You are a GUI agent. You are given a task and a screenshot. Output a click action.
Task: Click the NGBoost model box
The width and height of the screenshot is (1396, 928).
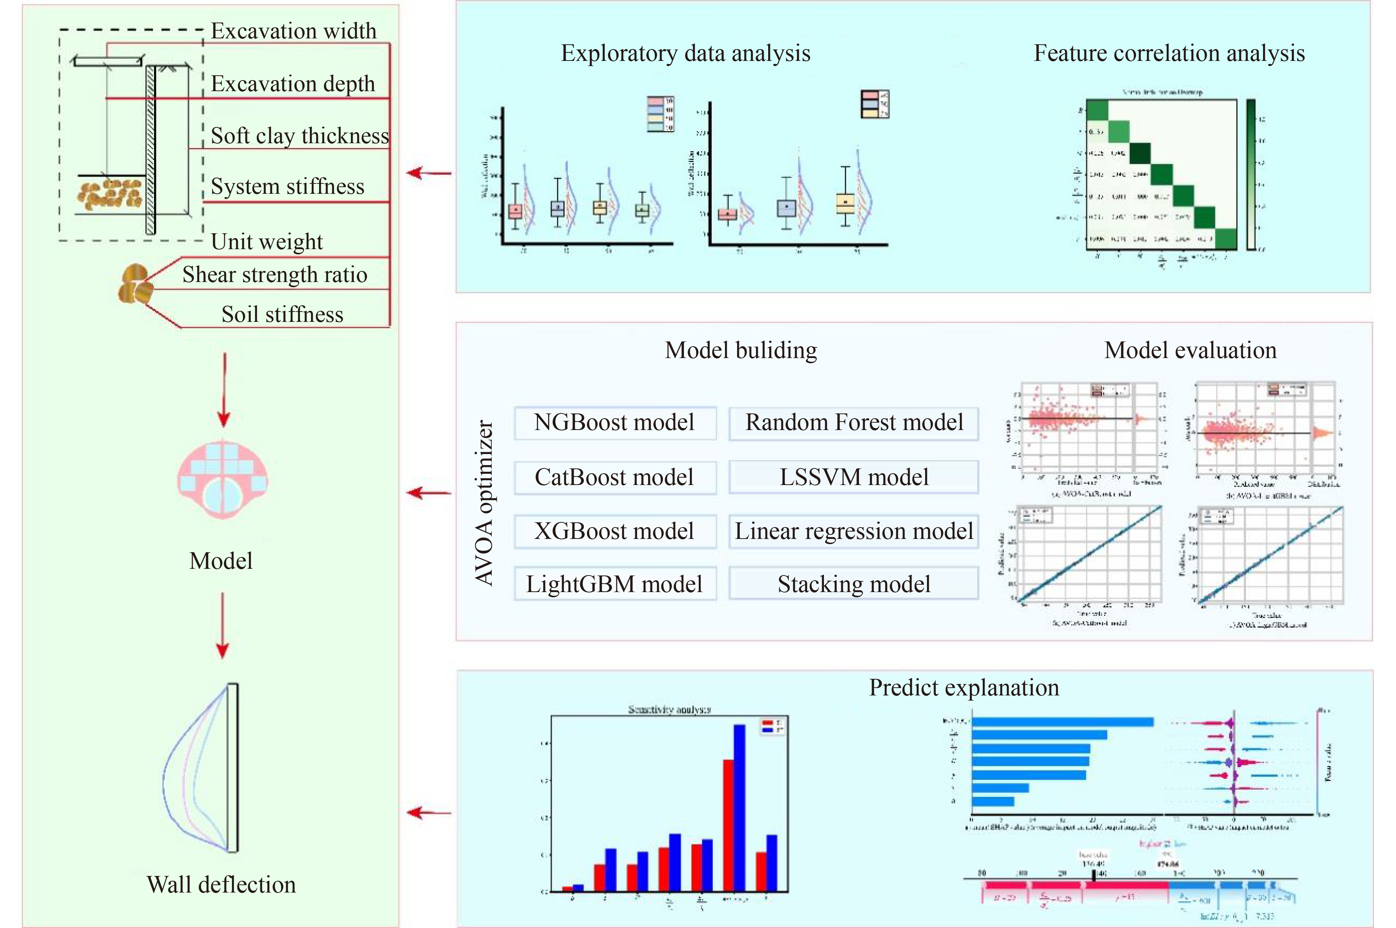click(615, 423)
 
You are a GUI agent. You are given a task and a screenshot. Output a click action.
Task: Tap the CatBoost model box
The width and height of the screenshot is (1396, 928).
click(615, 477)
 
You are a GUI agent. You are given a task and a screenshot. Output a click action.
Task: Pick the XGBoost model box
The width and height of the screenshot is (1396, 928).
click(615, 531)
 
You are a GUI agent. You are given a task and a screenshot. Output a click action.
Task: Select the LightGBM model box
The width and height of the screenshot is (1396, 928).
click(615, 584)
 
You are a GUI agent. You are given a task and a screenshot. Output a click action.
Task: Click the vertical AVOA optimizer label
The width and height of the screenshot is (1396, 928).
click(484, 503)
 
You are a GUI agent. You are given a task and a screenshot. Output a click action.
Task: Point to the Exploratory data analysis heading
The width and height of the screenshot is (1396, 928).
click(685, 53)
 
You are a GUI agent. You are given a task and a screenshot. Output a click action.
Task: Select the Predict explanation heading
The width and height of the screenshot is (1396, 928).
click(964, 688)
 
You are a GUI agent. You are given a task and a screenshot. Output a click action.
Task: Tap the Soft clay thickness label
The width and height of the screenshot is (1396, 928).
click(300, 136)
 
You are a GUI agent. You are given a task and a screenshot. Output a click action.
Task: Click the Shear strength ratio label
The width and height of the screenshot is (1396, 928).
click(275, 275)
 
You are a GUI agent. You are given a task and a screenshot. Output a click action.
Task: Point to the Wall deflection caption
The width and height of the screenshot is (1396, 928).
click(222, 885)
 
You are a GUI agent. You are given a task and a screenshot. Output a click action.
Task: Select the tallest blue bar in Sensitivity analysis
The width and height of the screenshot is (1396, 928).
click(739, 808)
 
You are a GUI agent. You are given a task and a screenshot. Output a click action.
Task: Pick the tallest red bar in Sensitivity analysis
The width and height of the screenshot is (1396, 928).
click(728, 826)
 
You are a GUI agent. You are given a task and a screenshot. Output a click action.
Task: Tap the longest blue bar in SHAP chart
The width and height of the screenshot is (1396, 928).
click(1062, 722)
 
